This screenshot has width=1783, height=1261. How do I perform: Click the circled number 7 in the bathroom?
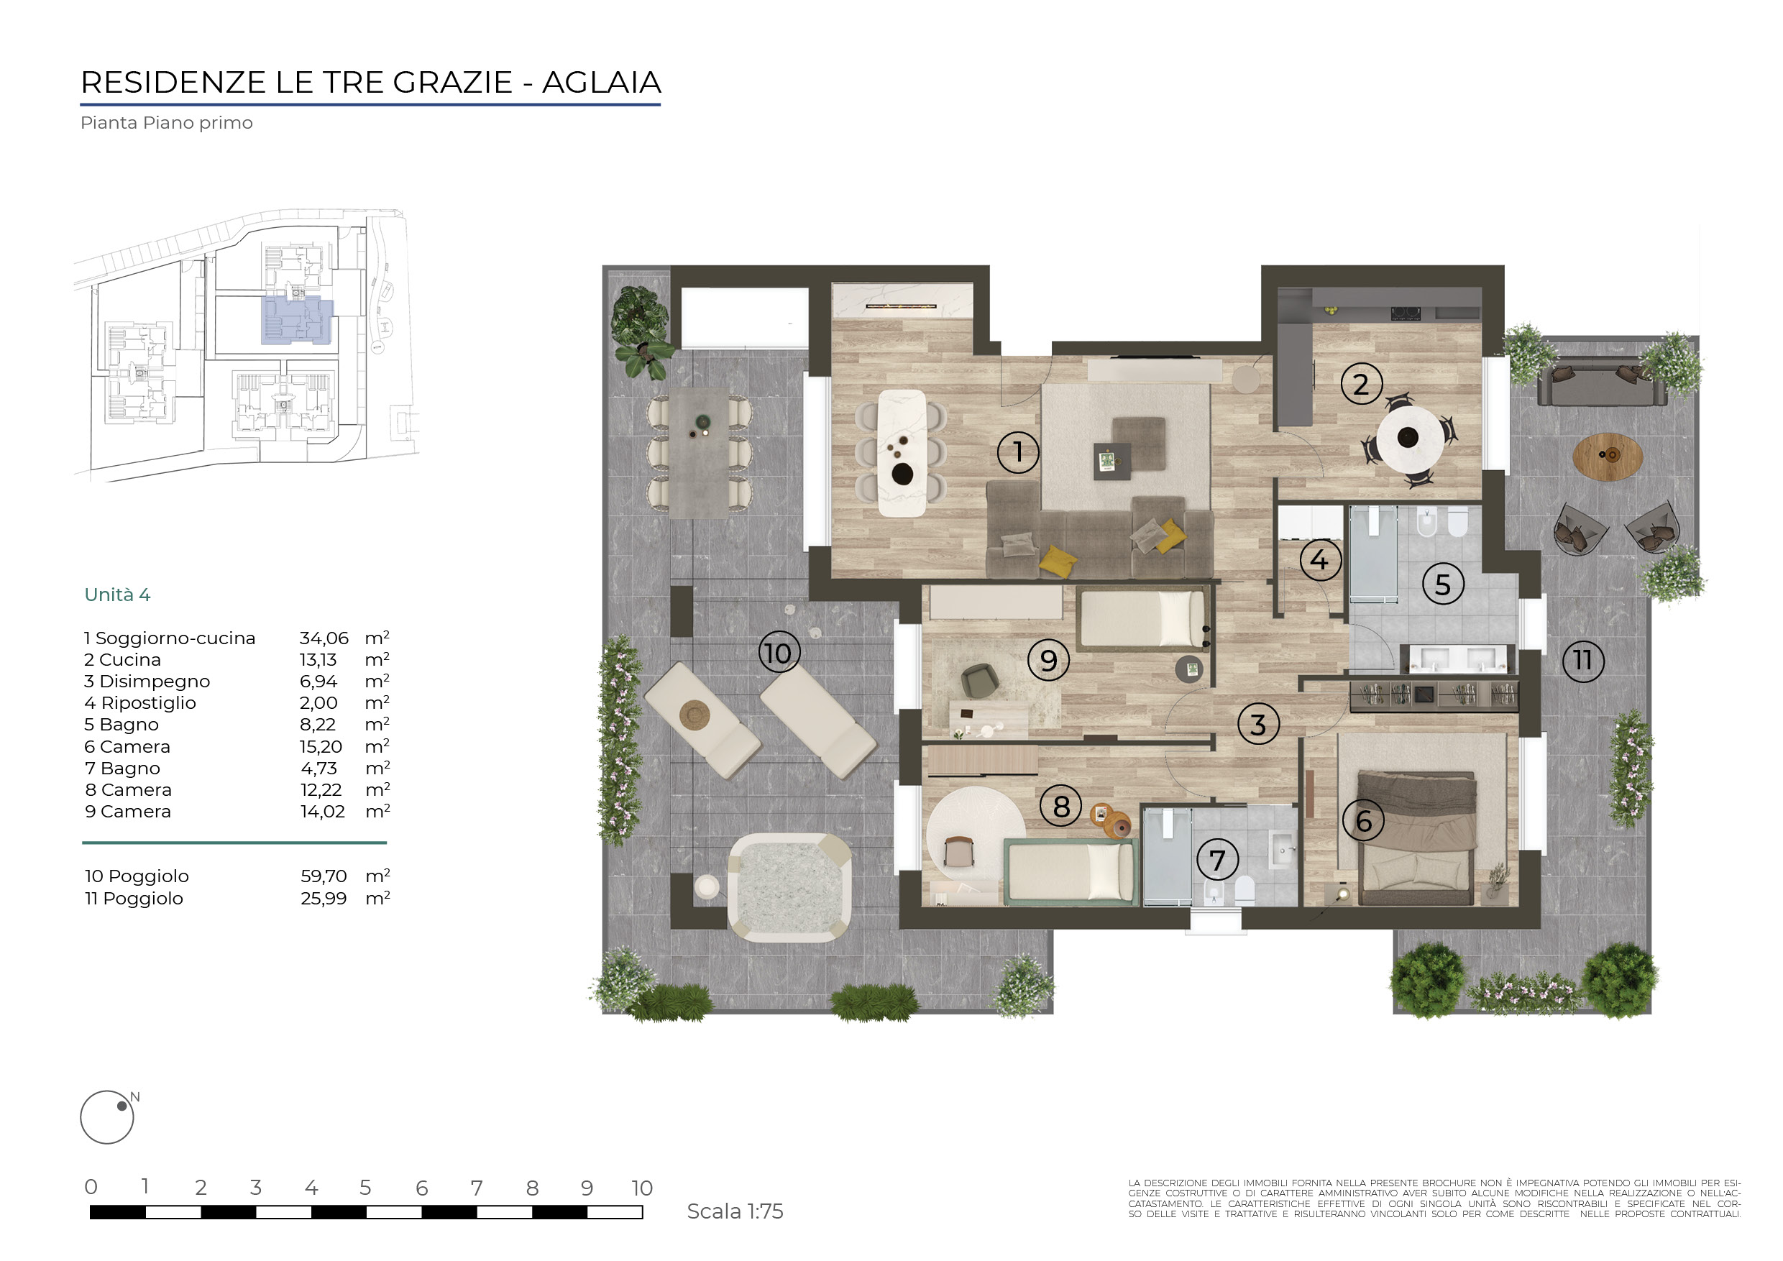tap(1217, 860)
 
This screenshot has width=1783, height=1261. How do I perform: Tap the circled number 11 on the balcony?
tap(1582, 661)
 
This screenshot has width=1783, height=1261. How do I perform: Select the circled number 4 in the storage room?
tap(1319, 560)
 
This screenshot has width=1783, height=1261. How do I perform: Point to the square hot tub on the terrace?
tap(789, 887)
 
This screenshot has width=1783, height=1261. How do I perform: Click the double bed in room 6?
tap(1416, 838)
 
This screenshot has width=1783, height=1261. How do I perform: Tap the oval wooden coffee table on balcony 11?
tap(1608, 457)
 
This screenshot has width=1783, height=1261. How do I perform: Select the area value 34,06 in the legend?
tap(324, 638)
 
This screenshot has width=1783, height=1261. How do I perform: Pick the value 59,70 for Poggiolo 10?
tap(324, 876)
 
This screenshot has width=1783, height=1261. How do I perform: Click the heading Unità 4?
tap(117, 595)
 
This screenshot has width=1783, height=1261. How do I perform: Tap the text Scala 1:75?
tap(735, 1211)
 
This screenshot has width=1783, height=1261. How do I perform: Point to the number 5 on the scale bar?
tap(365, 1188)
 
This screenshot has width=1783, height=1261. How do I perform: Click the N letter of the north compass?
tap(135, 1097)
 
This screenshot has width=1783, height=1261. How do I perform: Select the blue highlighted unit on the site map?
tap(298, 321)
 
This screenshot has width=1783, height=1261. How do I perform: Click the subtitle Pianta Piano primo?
tap(166, 123)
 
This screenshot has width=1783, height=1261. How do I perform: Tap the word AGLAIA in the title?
tap(601, 82)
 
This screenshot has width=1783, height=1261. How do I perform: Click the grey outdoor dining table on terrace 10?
tap(699, 452)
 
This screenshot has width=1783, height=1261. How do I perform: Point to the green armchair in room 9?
tap(980, 681)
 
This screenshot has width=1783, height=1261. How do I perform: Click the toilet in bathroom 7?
tap(1244, 890)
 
